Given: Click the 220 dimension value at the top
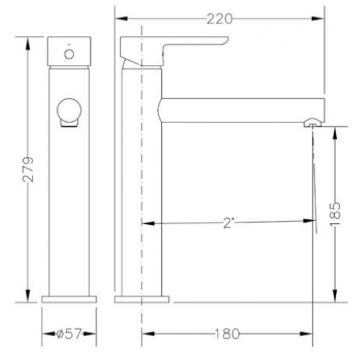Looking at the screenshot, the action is [x=219, y=19].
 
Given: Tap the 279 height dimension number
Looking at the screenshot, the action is [x=28, y=169].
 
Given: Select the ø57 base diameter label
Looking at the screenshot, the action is [x=69, y=333].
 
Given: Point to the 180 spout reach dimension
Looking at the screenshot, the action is [x=227, y=334].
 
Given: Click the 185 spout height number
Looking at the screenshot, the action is [x=335, y=214].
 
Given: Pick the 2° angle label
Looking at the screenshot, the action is [x=228, y=223].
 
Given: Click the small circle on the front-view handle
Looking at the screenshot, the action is [x=69, y=54].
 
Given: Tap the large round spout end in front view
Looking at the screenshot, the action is [x=69, y=110].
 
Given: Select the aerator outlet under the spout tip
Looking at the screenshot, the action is [x=313, y=123].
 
